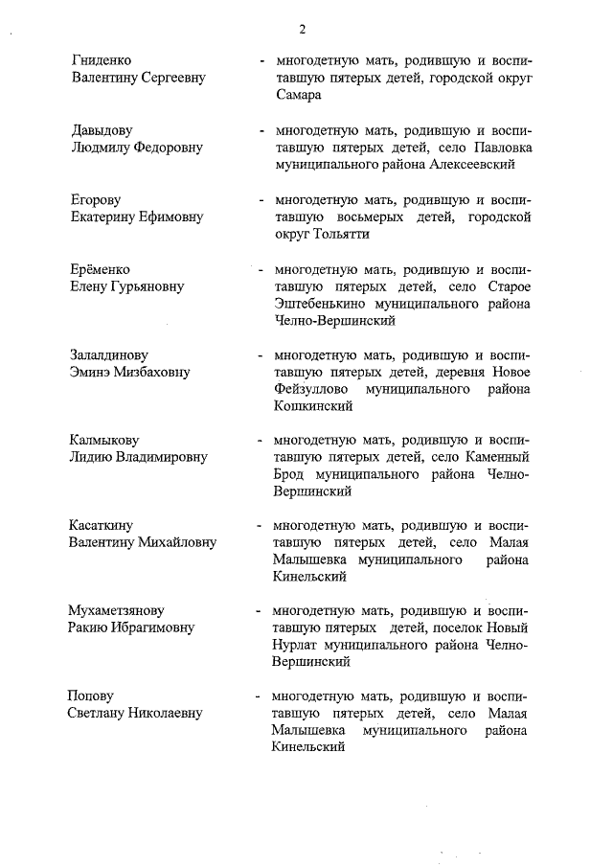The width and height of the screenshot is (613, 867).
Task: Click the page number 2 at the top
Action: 302,29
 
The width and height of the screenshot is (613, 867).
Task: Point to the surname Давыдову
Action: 102,129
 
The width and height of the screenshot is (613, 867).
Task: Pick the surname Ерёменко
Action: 101,269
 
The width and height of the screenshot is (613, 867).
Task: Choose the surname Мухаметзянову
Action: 117,610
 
